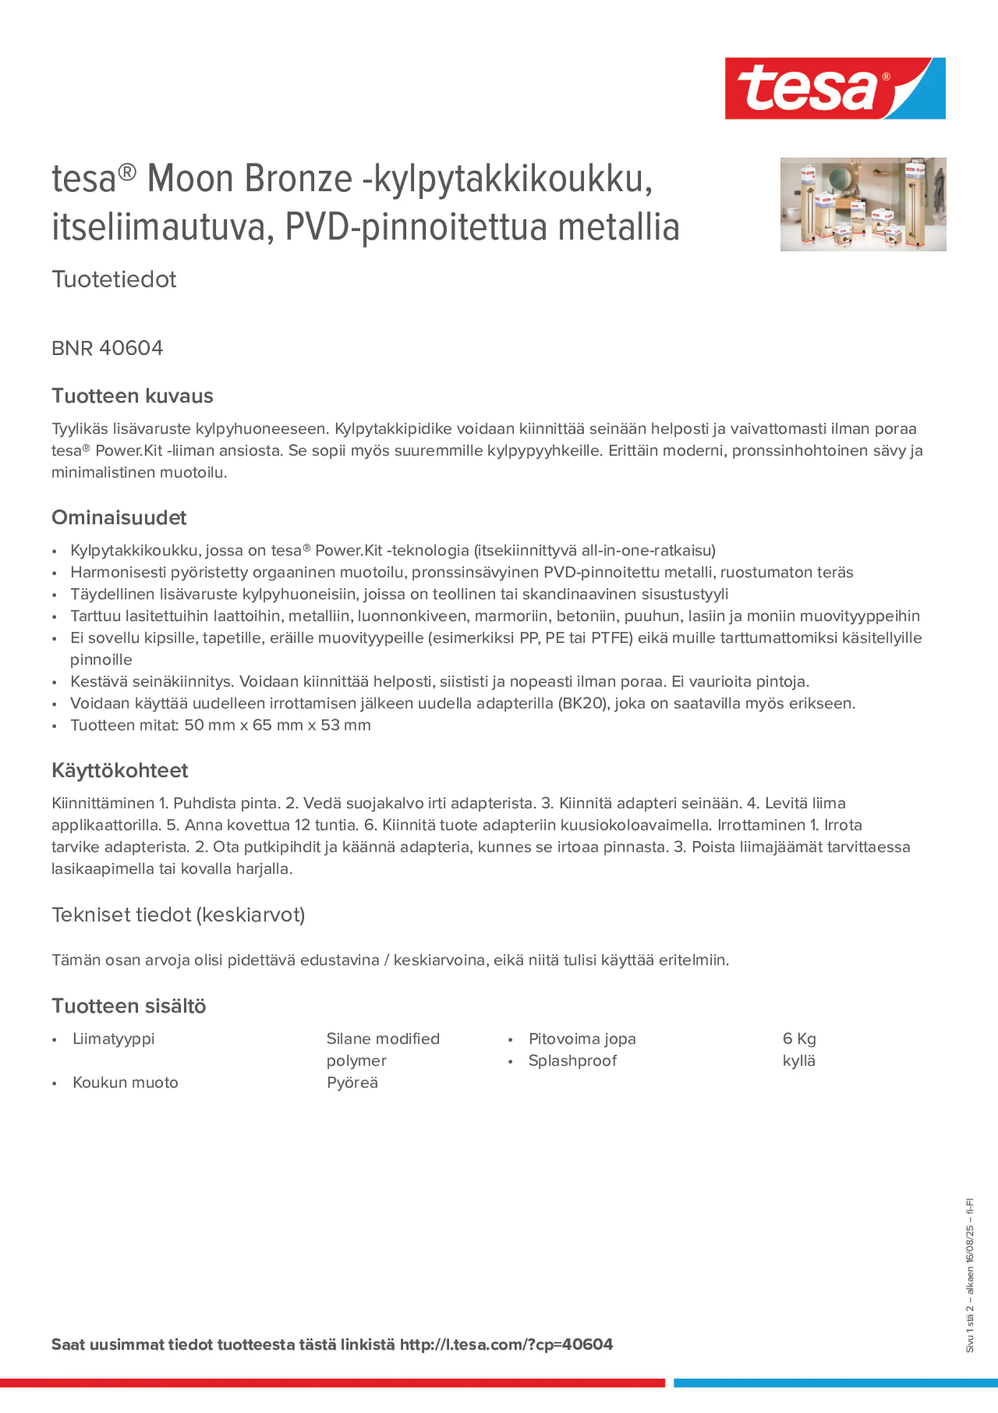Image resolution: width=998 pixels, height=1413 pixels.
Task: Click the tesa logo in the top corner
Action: [x=835, y=88]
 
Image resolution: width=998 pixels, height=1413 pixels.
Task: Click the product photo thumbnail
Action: [x=863, y=204]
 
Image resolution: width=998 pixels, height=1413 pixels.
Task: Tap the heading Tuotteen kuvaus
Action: [x=132, y=396]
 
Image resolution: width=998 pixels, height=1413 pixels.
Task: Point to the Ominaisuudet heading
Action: [x=119, y=517]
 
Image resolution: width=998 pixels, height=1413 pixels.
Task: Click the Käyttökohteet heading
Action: [x=120, y=770]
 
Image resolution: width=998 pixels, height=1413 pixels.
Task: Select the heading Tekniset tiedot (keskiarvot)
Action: [x=178, y=915]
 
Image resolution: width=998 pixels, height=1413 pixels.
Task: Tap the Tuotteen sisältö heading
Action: [x=129, y=1006]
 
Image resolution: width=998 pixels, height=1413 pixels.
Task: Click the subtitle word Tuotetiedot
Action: [x=114, y=279]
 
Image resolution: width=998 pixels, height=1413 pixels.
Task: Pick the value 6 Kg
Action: [x=799, y=1039]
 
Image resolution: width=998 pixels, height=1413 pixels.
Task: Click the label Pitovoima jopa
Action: [x=581, y=1039]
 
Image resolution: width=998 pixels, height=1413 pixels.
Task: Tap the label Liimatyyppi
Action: [x=113, y=1039]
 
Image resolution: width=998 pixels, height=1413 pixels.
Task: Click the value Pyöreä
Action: [x=352, y=1082]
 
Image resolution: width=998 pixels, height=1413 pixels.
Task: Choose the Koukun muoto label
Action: [x=125, y=1082]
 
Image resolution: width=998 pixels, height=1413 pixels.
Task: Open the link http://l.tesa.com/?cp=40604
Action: [x=506, y=1345]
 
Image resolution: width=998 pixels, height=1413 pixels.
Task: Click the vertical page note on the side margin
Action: [x=969, y=1274]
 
